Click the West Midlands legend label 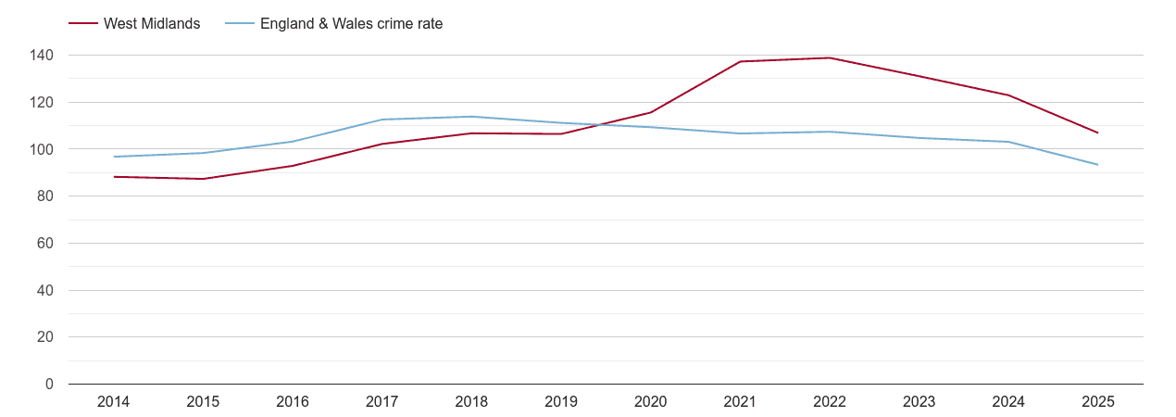[x=152, y=24]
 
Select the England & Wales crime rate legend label [x=351, y=24]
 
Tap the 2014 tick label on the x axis [x=113, y=401]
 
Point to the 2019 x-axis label [x=561, y=401]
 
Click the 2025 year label [x=1098, y=401]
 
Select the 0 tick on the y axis [x=49, y=385]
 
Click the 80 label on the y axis [x=45, y=196]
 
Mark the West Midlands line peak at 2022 [x=830, y=57]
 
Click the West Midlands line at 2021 [x=740, y=62]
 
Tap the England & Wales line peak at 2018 [x=471, y=117]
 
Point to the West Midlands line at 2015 [x=203, y=179]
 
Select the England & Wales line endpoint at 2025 [x=1098, y=165]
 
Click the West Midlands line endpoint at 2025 [x=1098, y=133]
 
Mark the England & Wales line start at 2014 [x=114, y=157]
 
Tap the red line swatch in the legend [x=83, y=24]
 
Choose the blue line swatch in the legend [x=239, y=24]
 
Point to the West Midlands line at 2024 [x=1008, y=95]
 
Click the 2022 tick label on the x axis [x=830, y=401]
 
